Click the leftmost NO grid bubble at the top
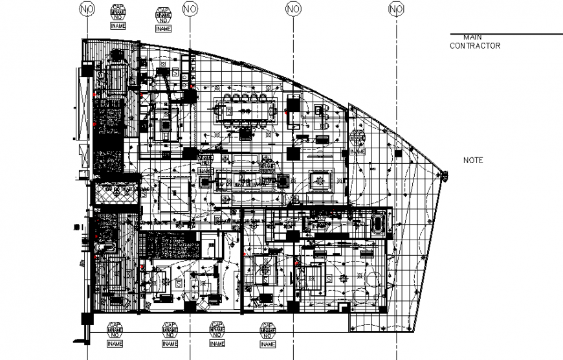click(x=86, y=8)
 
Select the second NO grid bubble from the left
click(x=190, y=8)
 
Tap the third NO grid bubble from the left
click(x=293, y=8)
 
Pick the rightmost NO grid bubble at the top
click(x=396, y=8)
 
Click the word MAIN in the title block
click(x=472, y=38)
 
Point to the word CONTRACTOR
click(x=475, y=46)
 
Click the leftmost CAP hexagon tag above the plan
click(x=118, y=12)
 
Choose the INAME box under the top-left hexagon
click(x=118, y=26)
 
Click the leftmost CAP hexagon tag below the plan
click(x=114, y=330)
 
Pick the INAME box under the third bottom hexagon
click(x=216, y=344)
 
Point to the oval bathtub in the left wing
click(x=104, y=247)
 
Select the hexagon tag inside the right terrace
click(x=357, y=139)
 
